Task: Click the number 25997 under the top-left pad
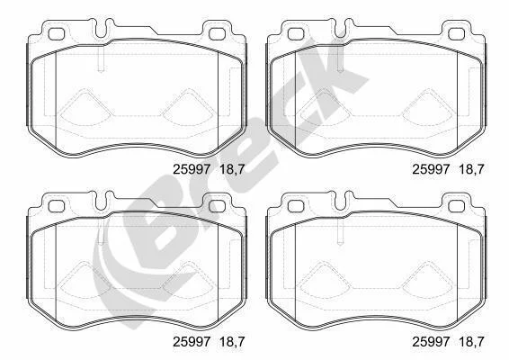pos(192,169)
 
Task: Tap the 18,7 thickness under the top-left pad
pos(232,170)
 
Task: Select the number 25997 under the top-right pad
pos(432,169)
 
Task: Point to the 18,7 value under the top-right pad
pos(471,170)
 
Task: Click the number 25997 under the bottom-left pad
pos(192,341)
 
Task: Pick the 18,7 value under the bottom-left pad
pos(232,342)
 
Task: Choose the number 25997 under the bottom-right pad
pos(432,341)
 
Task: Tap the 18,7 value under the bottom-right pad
pos(471,342)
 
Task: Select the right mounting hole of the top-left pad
pos(217,34)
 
